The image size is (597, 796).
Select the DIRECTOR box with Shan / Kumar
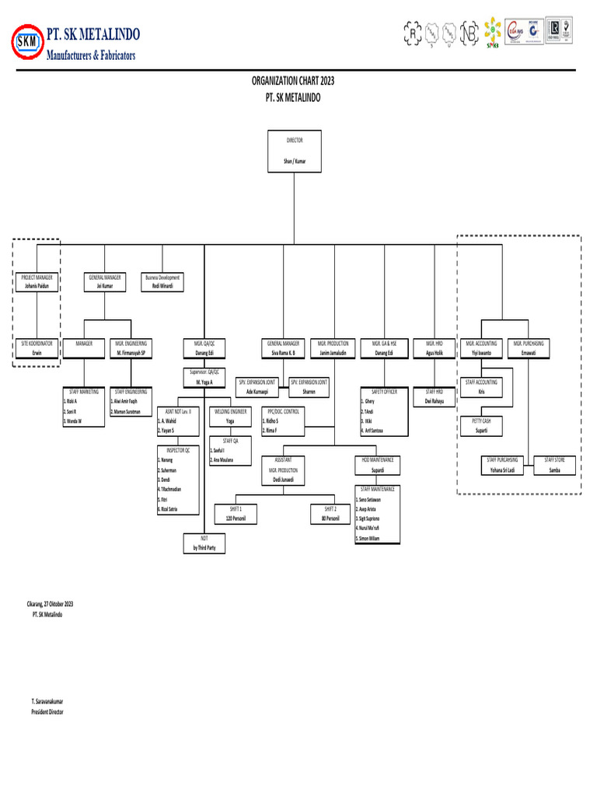point(295,151)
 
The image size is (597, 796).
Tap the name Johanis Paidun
point(37,286)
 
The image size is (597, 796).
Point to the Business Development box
point(162,281)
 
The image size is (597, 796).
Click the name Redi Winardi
point(162,286)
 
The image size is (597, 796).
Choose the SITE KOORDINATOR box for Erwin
point(37,347)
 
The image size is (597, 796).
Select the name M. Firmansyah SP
point(131,353)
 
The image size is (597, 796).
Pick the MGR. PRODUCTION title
point(333,343)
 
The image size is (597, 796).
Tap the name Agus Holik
point(434,353)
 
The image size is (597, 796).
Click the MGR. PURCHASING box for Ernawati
point(528,347)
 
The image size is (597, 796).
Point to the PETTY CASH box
point(481,425)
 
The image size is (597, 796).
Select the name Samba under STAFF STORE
point(554,470)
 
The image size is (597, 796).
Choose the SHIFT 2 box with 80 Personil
point(330,512)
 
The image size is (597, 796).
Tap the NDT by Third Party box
point(204,543)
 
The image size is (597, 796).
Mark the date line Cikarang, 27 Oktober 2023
point(52,604)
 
